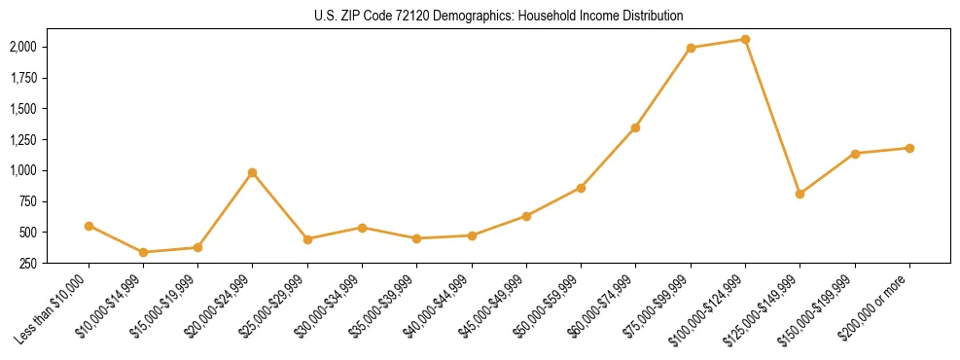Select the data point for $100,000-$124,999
click(745, 40)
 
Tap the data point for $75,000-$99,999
click(691, 48)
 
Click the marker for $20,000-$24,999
click(253, 173)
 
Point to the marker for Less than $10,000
click(89, 226)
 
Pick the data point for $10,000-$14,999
click(143, 252)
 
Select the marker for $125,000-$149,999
click(800, 194)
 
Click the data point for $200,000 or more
click(909, 148)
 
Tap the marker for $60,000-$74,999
click(636, 127)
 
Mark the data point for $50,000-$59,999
click(581, 188)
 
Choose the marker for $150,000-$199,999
click(855, 154)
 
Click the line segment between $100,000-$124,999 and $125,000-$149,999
click(772, 117)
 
